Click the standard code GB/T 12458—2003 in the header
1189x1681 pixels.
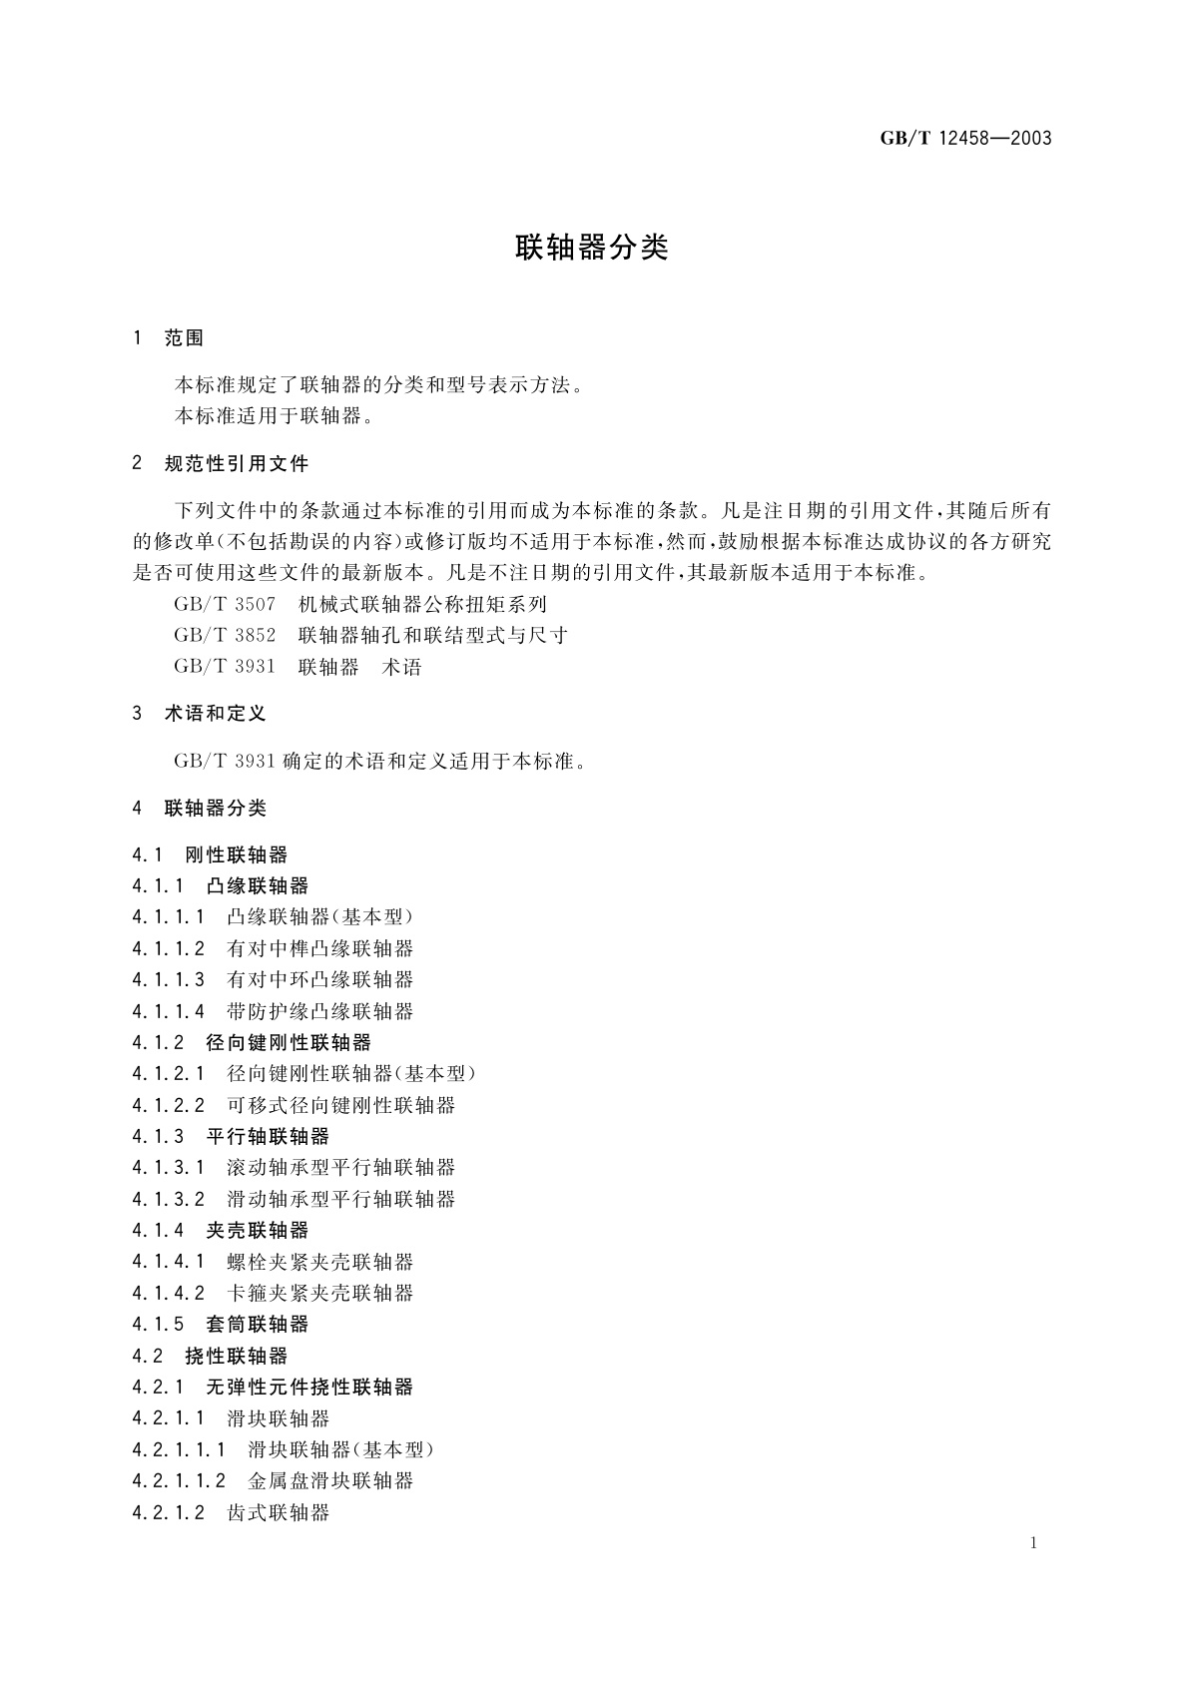[x=965, y=139]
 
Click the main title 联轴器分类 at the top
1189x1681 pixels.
[x=591, y=248]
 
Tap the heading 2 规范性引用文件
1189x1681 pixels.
[x=221, y=463]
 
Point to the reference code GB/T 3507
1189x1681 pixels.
[x=225, y=605]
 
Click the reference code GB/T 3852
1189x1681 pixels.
[x=225, y=636]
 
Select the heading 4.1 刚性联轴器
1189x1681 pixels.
[x=210, y=854]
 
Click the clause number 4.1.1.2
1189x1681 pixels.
[x=168, y=948]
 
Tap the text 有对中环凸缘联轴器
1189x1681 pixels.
[x=319, y=979]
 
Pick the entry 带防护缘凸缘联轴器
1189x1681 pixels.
[x=319, y=1011]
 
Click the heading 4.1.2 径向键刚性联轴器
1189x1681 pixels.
[x=252, y=1042]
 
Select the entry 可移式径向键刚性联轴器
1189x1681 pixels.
[x=340, y=1105]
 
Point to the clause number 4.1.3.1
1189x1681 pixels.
[x=168, y=1167]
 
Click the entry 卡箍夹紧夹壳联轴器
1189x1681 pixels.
[x=319, y=1293]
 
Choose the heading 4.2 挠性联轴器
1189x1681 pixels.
[x=210, y=1356]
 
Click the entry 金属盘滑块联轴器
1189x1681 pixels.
[x=330, y=1480]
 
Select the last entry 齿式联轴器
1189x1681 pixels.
[x=278, y=1512]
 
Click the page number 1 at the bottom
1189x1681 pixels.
[x=1033, y=1543]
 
